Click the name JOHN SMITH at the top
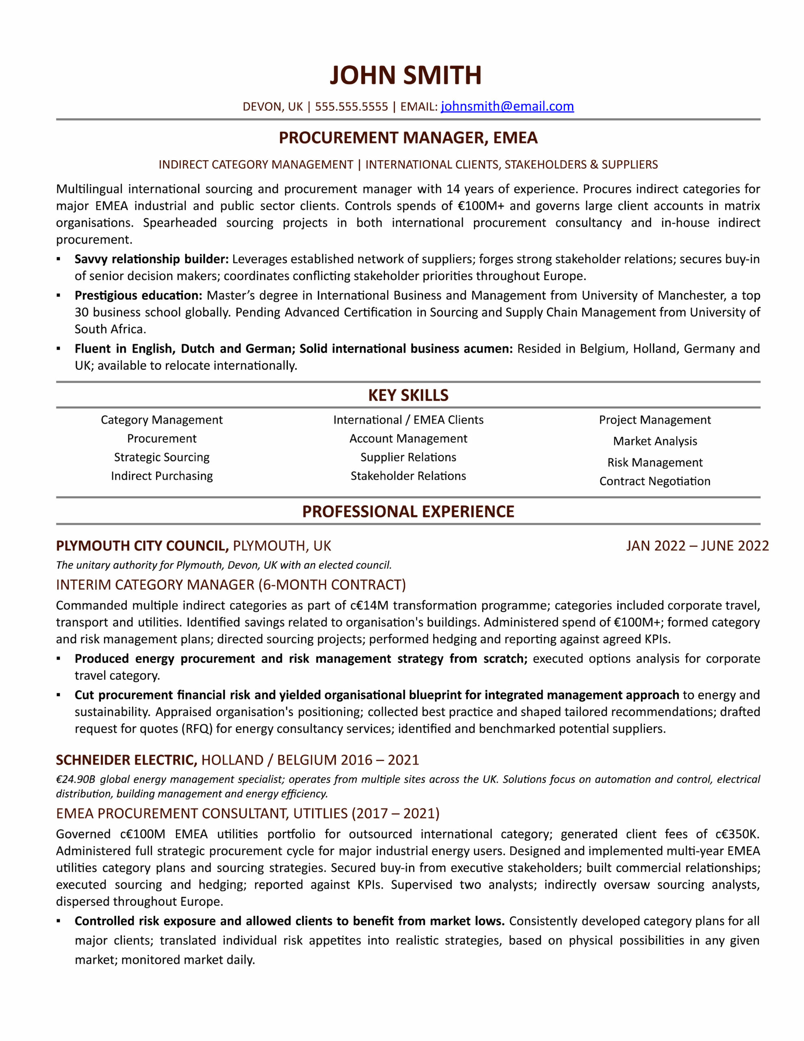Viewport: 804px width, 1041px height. pos(405,75)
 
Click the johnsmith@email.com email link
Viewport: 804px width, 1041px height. pos(507,106)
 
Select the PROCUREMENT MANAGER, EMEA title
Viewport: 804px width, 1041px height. pos(408,138)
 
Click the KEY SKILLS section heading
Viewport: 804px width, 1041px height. pos(408,395)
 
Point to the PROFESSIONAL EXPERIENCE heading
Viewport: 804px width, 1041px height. pos(408,512)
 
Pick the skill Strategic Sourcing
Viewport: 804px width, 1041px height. pos(161,457)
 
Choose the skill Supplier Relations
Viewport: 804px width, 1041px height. pos(408,457)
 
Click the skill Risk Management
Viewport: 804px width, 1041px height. pos(654,462)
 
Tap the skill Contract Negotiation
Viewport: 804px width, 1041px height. pos(654,481)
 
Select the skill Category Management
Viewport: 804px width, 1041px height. pos(161,420)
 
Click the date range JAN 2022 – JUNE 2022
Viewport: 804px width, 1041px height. pos(697,546)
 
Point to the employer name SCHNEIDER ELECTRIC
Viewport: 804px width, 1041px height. pos(126,760)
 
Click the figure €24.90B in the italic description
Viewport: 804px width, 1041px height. pos(76,779)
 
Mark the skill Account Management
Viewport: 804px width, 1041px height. pos(408,438)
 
